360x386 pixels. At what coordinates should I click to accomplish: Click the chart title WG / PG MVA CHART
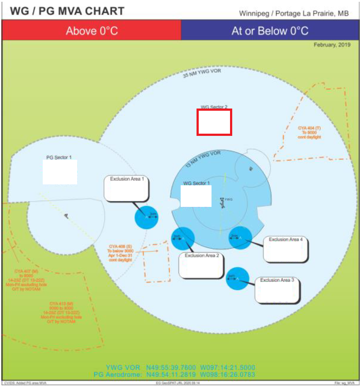(67, 11)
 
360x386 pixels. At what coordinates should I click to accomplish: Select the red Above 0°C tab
(92, 31)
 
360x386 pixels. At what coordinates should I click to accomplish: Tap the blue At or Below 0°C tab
(270, 31)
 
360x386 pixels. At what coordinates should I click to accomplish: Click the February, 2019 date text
(332, 45)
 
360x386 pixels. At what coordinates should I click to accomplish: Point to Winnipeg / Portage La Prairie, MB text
(293, 13)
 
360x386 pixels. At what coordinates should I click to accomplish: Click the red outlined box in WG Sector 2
(214, 122)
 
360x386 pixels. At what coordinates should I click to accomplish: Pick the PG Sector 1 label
(59, 157)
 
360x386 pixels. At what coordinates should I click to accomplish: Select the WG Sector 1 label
(197, 183)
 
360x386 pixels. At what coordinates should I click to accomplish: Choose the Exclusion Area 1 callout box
(127, 188)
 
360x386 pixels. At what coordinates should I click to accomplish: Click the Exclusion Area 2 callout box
(201, 265)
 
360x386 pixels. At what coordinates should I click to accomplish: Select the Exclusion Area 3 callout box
(278, 290)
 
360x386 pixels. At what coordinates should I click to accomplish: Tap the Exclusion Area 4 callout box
(286, 249)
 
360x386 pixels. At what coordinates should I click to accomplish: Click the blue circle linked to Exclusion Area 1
(146, 217)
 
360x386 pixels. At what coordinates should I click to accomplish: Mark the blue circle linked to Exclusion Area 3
(238, 279)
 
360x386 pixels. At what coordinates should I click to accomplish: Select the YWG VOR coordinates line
(180, 367)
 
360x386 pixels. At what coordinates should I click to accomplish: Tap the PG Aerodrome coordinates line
(174, 375)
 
